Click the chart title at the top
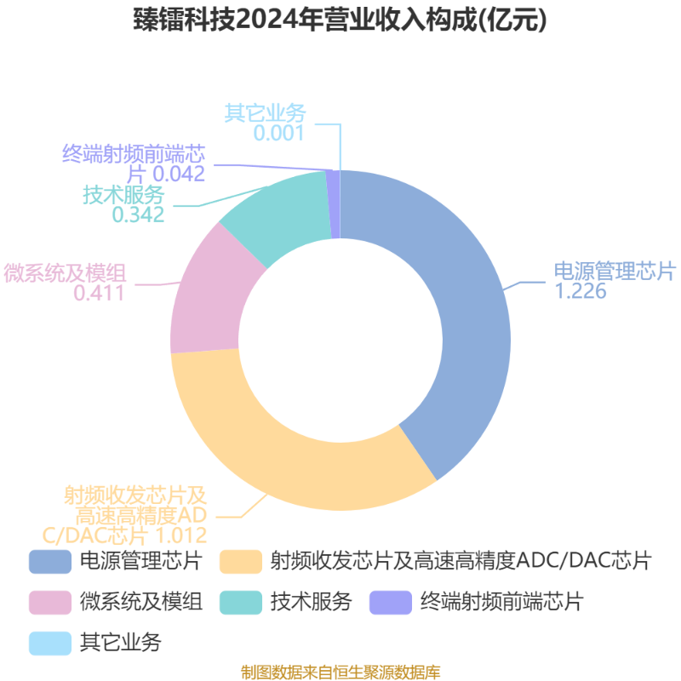click(x=340, y=20)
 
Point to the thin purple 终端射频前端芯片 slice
click(x=335, y=204)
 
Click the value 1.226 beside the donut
click(x=581, y=291)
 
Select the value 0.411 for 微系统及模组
click(x=100, y=293)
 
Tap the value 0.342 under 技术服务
click(x=138, y=215)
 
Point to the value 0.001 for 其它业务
click(x=279, y=133)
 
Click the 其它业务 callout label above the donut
click(x=266, y=113)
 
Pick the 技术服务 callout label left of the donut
click(x=123, y=195)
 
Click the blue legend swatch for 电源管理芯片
click(x=50, y=562)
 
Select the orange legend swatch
click(x=241, y=562)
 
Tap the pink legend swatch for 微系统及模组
click(x=50, y=603)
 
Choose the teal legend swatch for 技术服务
click(x=241, y=603)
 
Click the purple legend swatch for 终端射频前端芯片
click(x=391, y=603)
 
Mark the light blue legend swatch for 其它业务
click(x=50, y=644)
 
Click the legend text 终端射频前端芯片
click(x=501, y=602)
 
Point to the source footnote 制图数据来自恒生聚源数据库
click(x=340, y=672)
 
